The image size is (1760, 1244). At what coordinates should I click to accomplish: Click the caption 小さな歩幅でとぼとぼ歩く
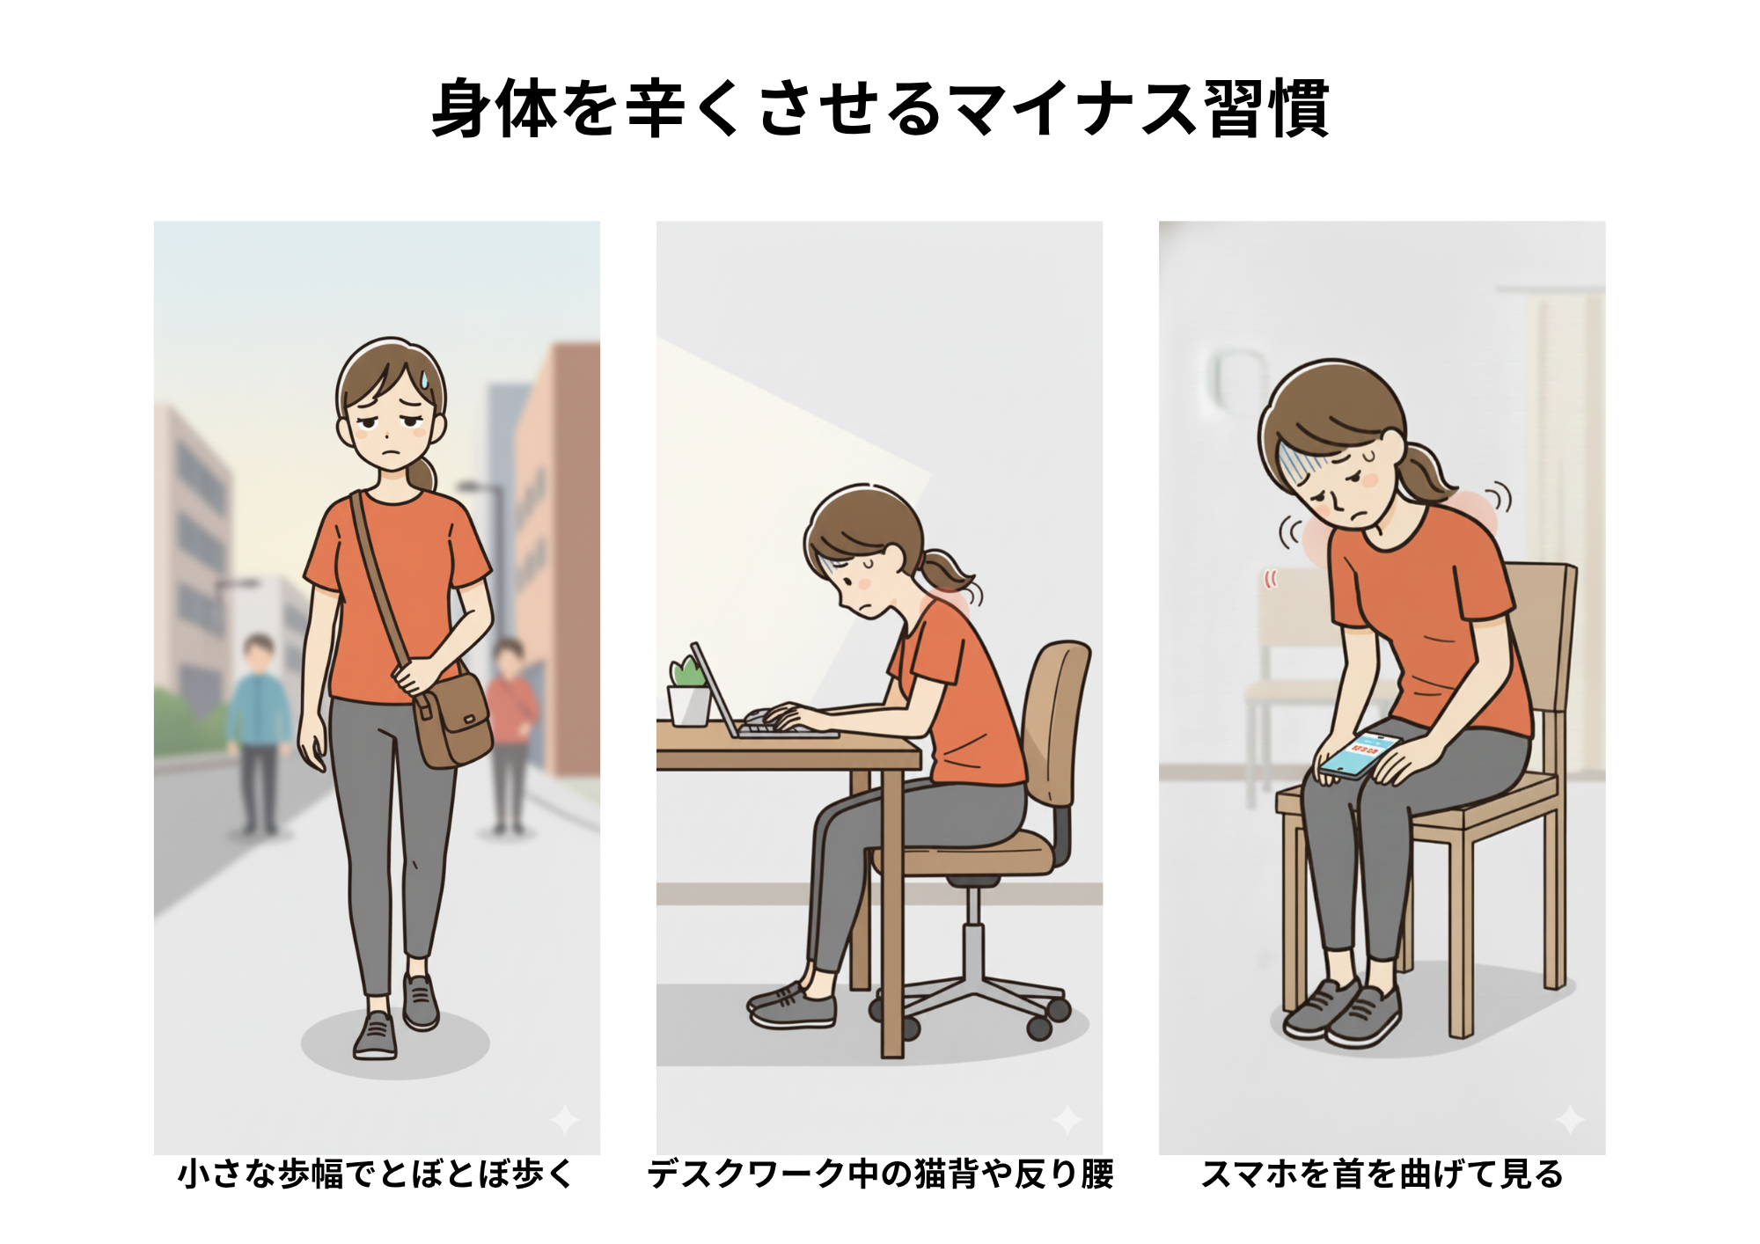pyautogui.click(x=376, y=1174)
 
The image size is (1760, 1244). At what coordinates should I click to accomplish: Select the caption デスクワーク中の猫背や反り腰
pyautogui.click(x=880, y=1174)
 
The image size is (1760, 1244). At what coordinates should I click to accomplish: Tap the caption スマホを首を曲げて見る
pyautogui.click(x=1382, y=1174)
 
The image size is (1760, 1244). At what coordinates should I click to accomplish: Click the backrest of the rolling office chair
pyautogui.click(x=1057, y=721)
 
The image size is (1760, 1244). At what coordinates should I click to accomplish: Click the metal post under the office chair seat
pyautogui.click(x=973, y=933)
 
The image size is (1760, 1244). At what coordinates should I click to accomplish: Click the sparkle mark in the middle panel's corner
pyautogui.click(x=1067, y=1120)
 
